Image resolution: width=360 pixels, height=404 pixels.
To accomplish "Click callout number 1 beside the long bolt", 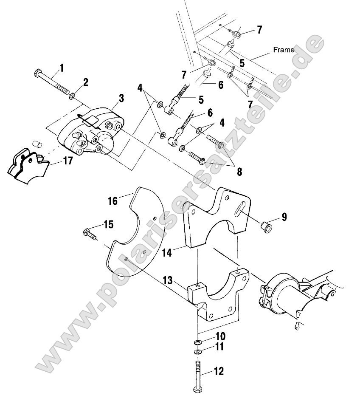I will pyautogui.click(x=62, y=67).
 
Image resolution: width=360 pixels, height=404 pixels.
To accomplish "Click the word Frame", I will pyautogui.click(x=284, y=50).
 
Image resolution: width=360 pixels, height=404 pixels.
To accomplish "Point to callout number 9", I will pyautogui.click(x=284, y=217).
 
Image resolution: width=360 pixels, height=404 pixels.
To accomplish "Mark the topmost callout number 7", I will pyautogui.click(x=259, y=30).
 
